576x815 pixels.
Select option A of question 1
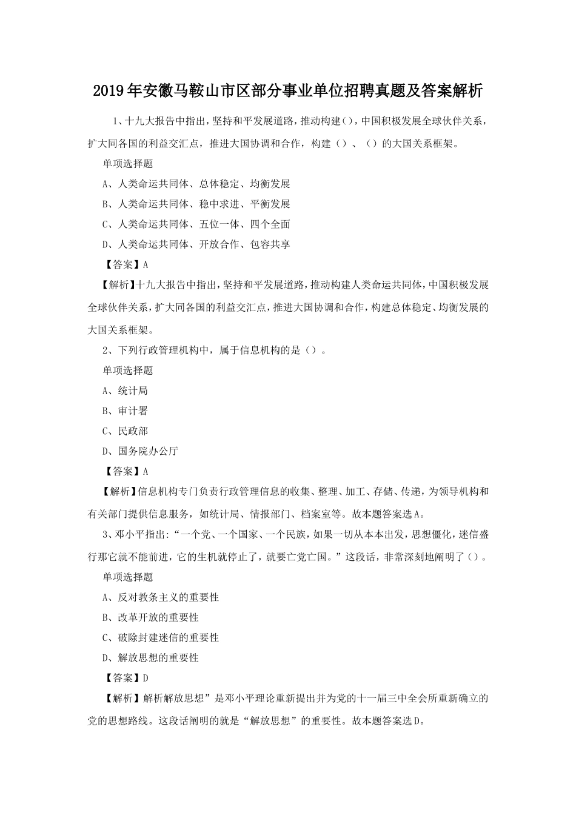(196, 184)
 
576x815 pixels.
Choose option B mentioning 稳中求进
(196, 204)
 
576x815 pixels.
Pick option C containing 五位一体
(196, 224)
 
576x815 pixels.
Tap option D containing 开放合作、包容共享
(196, 244)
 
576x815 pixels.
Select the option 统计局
(126, 391)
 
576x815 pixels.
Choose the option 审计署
(126, 411)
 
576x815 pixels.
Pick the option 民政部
(126, 431)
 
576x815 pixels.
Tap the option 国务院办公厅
(141, 451)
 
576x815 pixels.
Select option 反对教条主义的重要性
(161, 597)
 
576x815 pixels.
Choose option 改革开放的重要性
(151, 617)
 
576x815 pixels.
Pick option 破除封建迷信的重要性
(161, 637)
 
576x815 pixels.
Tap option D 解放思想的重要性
(151, 658)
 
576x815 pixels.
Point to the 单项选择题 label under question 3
(128, 577)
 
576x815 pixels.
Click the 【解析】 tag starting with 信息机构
(113, 492)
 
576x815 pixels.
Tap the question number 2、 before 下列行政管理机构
(108, 350)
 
